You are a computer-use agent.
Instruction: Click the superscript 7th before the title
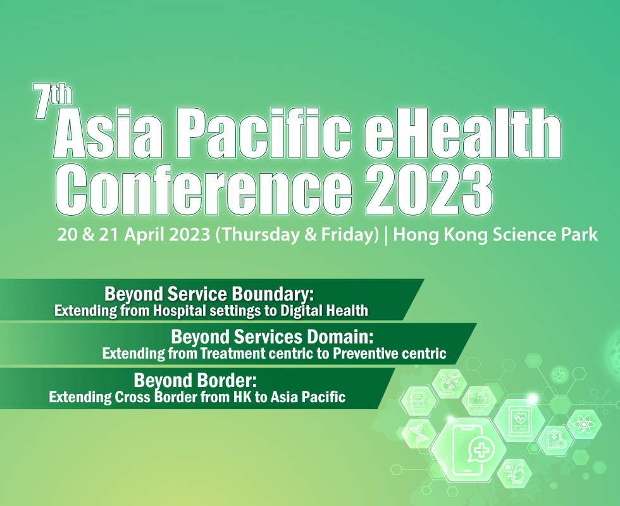click(53, 101)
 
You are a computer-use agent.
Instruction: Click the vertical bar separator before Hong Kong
click(387, 235)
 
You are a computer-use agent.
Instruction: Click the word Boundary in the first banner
click(273, 294)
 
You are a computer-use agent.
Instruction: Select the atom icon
click(583, 425)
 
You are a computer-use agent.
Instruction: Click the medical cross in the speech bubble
click(481, 450)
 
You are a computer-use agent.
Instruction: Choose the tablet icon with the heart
click(519, 420)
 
